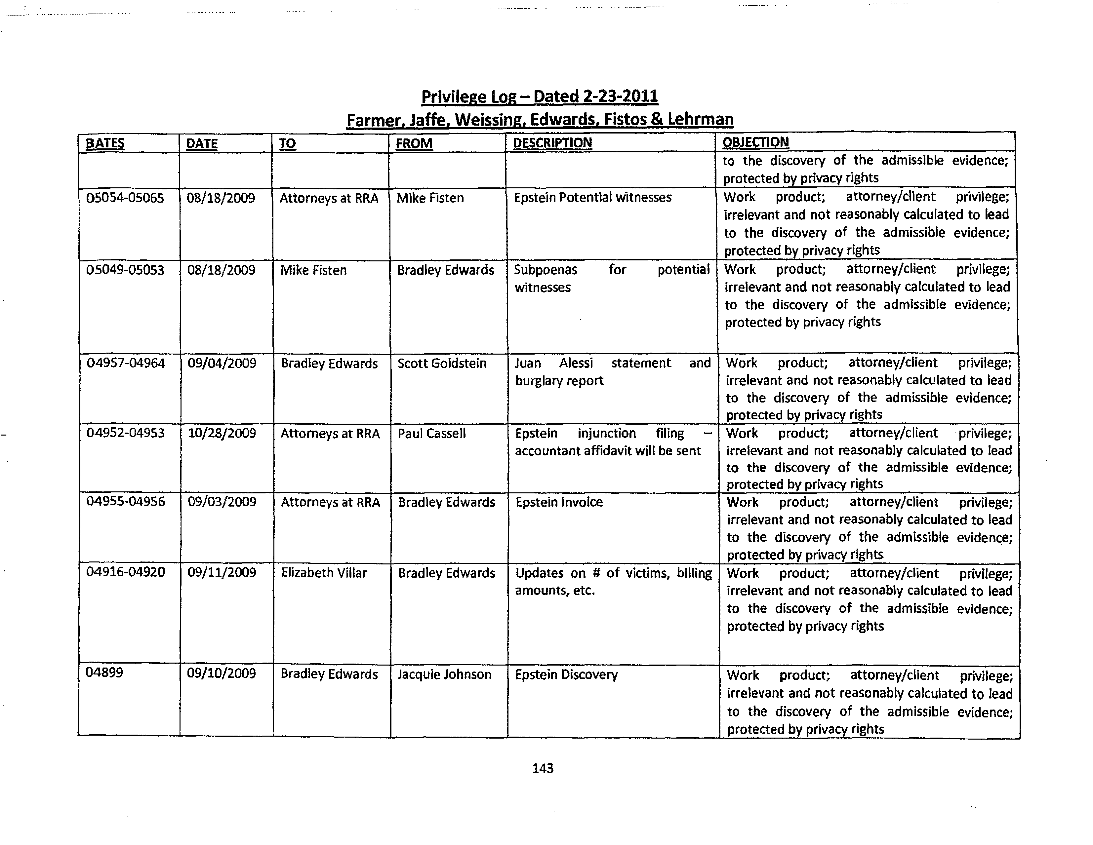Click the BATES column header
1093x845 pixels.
pyautogui.click(x=105, y=143)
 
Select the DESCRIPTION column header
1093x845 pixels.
pyautogui.click(x=552, y=143)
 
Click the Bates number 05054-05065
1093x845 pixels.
pyautogui.click(x=125, y=198)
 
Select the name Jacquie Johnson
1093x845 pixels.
pyautogui.click(x=444, y=674)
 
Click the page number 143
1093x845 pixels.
pyautogui.click(x=543, y=768)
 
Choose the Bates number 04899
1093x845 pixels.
pyautogui.click(x=104, y=672)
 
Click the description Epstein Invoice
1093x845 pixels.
pyautogui.click(x=559, y=502)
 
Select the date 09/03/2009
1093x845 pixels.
pyautogui.click(x=222, y=502)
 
